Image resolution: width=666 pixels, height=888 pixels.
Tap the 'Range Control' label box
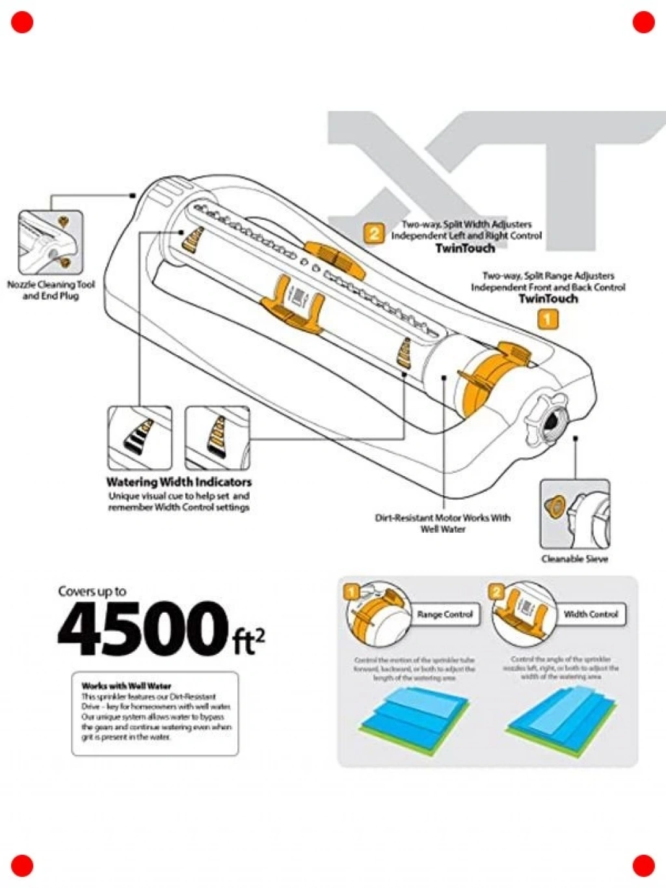445,615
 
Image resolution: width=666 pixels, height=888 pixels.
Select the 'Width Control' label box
591,614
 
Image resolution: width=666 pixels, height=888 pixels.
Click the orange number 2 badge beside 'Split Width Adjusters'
374,234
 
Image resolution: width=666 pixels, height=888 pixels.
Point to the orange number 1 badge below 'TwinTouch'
548,319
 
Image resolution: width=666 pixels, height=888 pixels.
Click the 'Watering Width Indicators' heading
179,482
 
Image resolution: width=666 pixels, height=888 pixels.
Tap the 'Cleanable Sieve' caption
574,559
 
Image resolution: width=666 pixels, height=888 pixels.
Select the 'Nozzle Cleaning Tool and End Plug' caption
51,290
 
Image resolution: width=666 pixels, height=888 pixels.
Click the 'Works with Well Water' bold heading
126,686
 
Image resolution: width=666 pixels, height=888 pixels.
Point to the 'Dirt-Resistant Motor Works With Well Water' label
442,523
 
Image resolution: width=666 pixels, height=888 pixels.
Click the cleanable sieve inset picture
574,515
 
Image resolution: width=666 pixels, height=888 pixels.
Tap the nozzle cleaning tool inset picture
51,242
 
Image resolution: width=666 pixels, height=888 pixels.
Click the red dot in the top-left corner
21,22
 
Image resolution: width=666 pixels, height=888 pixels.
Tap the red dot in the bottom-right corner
643,865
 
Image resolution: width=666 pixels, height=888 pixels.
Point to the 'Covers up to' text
92,591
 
